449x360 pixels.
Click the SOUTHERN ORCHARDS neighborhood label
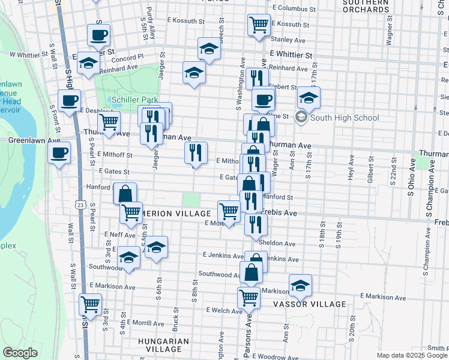[x=366, y=6]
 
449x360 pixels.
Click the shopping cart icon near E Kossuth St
[x=258, y=25]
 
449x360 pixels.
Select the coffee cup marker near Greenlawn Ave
[x=59, y=152]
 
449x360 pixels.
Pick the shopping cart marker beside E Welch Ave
[x=249, y=296]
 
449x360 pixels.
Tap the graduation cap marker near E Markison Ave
[x=300, y=285]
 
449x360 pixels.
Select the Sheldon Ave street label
[x=277, y=244]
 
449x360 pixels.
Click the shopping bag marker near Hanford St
[x=125, y=193]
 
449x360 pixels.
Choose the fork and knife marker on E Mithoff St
[x=196, y=152]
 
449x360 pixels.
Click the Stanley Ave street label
[x=288, y=40]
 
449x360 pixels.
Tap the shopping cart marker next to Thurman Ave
[x=109, y=122]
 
